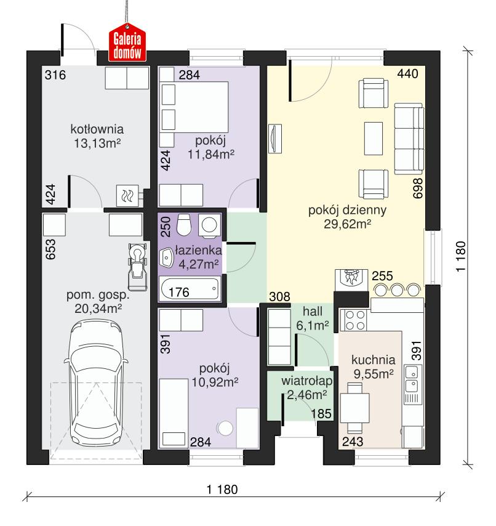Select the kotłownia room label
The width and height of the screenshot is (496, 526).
coord(97,130)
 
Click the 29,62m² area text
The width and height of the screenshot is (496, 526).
coord(347,225)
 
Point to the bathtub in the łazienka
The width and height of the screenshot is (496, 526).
coord(189,289)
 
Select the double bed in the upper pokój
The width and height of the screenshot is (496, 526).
coord(194,107)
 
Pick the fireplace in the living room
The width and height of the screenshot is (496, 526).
coord(351,278)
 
